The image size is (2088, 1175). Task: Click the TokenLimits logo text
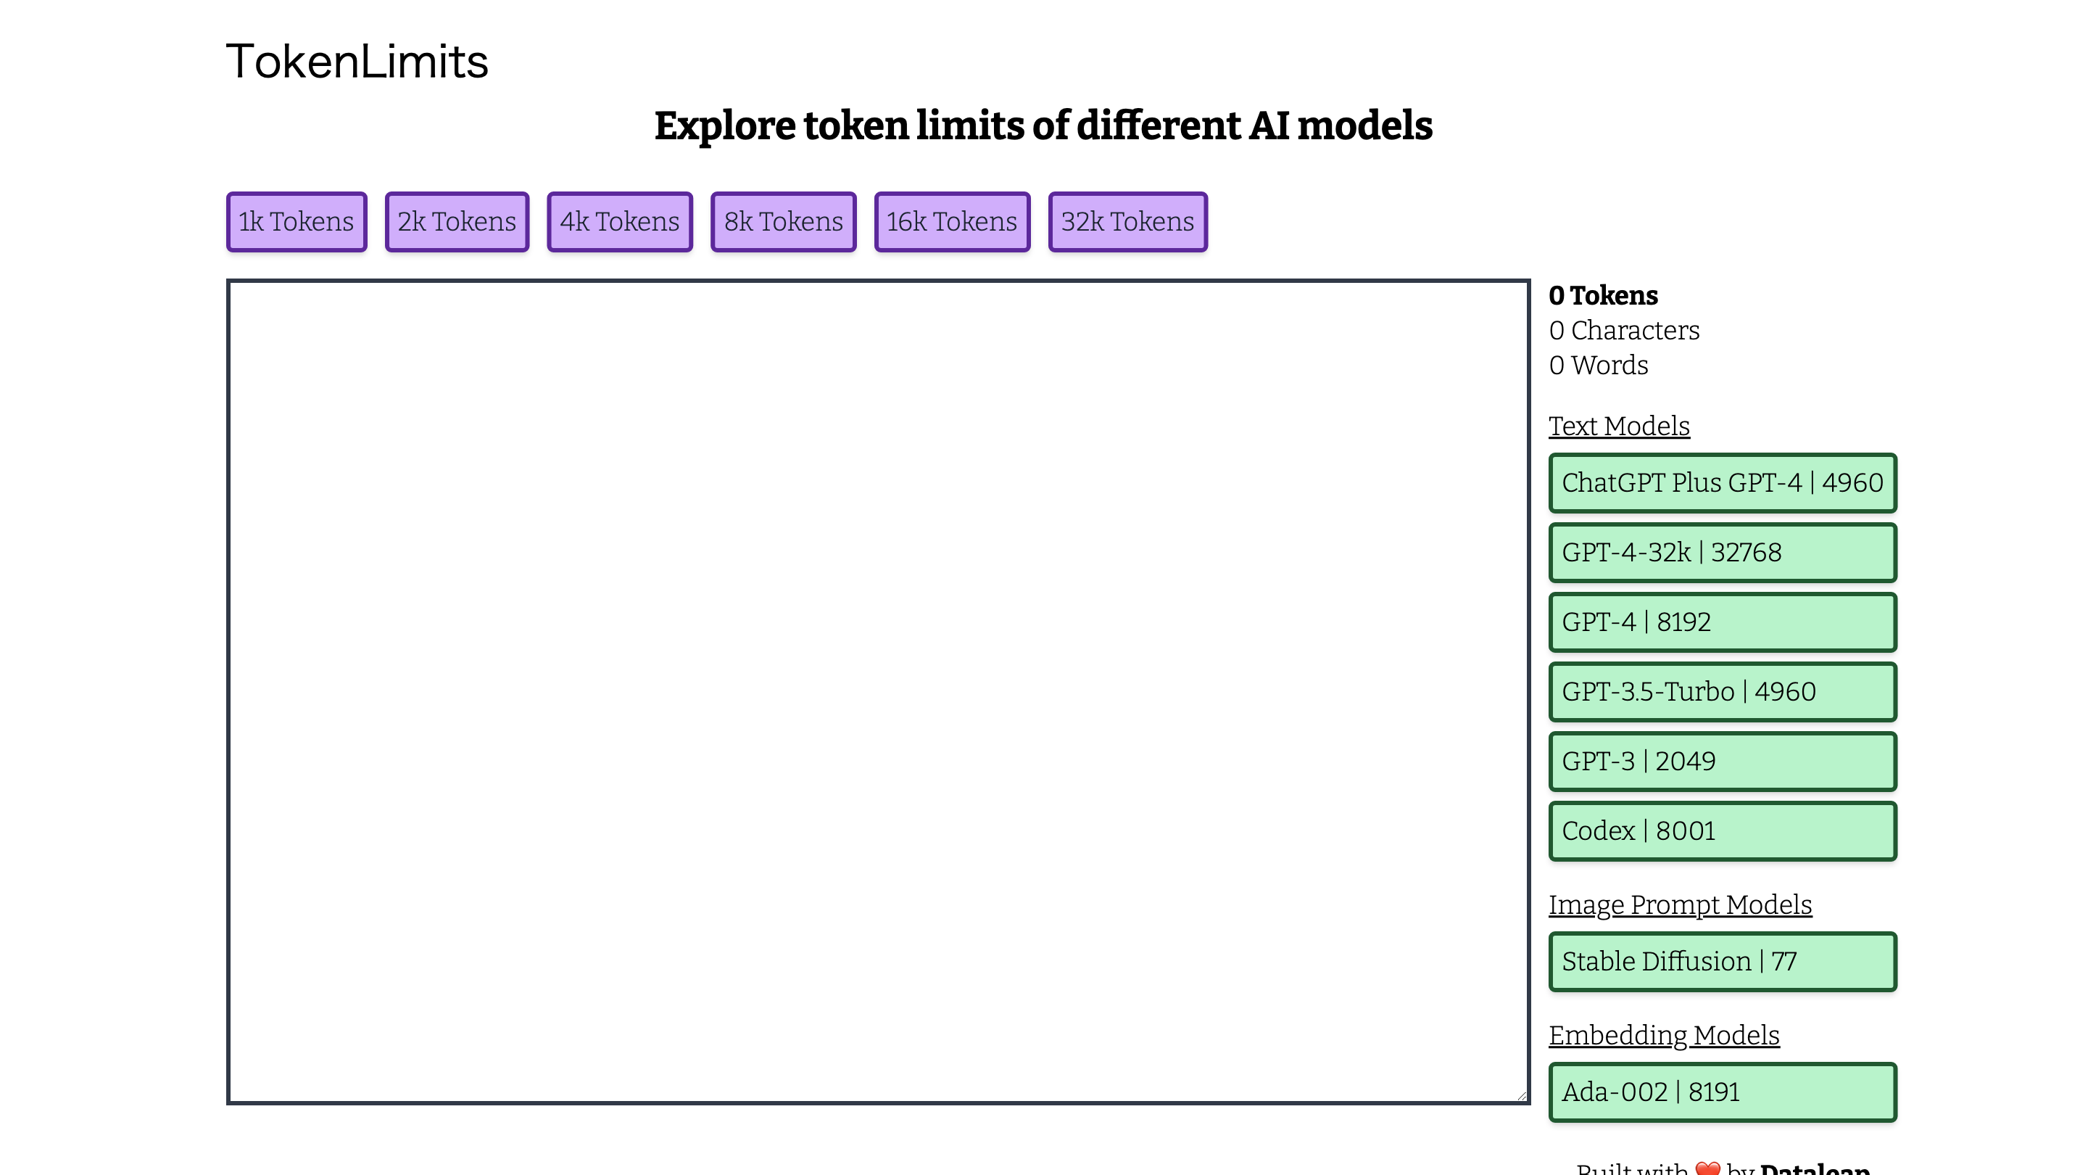[357, 62]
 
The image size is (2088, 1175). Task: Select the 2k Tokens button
[456, 221]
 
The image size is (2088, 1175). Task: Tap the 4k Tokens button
[619, 221]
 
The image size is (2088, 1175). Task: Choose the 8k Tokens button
[783, 221]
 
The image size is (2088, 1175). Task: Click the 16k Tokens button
[952, 221]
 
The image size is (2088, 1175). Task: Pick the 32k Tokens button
[1127, 221]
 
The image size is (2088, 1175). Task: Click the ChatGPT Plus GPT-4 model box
[1722, 482]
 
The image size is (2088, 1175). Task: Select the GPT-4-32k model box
[1722, 552]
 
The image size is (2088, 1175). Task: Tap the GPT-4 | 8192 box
[1722, 622]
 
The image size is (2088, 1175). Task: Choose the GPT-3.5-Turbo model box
[1722, 692]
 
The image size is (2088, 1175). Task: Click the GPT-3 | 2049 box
[1722, 762]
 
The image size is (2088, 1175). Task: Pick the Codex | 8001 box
[1722, 831]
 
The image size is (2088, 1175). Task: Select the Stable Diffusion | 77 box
[1722, 962]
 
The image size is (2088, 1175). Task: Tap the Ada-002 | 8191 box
[1722, 1092]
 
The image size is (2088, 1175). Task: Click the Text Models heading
[1619, 426]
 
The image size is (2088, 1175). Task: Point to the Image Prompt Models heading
[1680, 905]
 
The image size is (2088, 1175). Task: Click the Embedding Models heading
[1663, 1036]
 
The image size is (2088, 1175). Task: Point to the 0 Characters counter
[1623, 331]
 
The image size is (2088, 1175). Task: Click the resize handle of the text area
[1522, 1097]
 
